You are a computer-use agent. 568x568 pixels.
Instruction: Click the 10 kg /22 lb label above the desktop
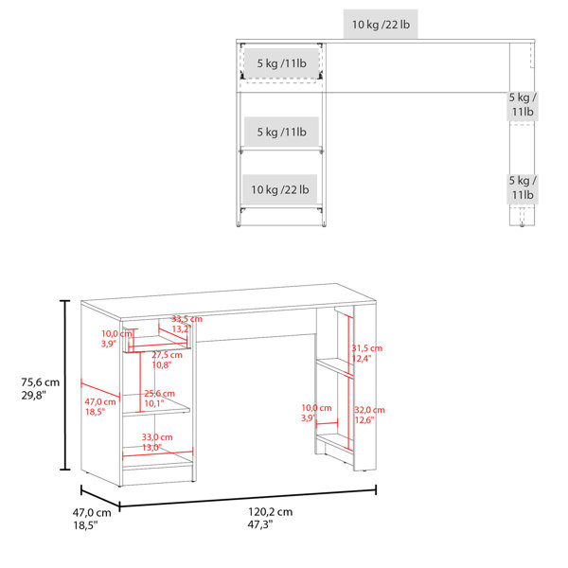(381, 25)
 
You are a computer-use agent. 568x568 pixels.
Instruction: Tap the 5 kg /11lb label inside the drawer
(282, 63)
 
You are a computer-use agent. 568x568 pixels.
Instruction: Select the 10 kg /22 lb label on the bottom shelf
(280, 189)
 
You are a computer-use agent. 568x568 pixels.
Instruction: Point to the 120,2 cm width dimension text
(270, 512)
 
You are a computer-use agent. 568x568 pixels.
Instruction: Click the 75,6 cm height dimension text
(40, 382)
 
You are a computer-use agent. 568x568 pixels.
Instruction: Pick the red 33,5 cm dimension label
(186, 319)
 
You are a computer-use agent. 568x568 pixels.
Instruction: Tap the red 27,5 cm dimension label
(167, 355)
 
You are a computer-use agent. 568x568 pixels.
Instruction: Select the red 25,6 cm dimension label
(159, 394)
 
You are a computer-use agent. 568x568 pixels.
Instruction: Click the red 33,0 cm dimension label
(157, 437)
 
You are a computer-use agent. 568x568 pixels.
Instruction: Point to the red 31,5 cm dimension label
(367, 348)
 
